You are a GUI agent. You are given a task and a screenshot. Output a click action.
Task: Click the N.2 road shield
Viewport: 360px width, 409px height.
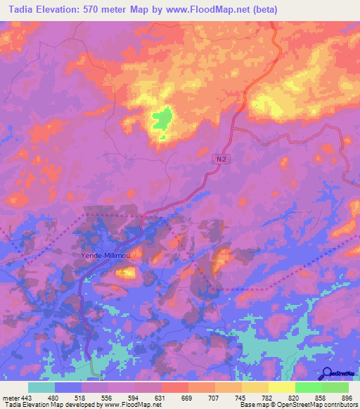click(x=221, y=160)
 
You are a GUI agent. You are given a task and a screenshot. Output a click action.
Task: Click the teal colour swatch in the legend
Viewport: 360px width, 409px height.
click(x=41, y=387)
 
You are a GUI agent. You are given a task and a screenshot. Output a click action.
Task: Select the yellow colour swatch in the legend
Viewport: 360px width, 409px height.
click(x=281, y=387)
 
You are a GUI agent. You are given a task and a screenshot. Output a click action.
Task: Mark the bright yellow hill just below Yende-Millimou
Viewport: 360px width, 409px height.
click(x=125, y=272)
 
